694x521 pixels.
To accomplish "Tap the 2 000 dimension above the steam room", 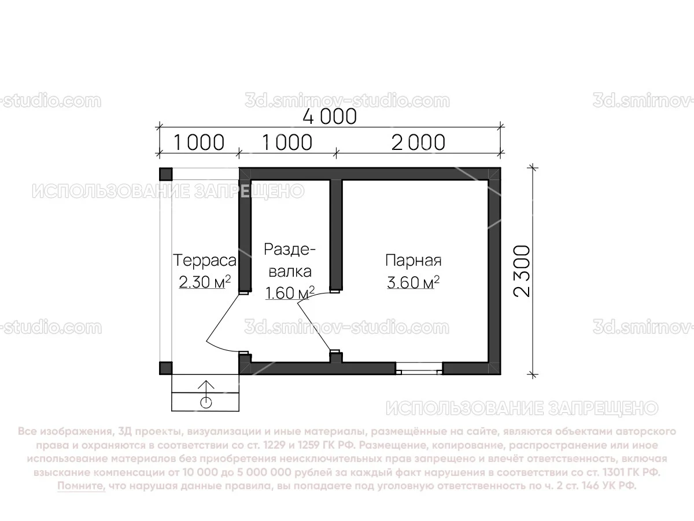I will coord(418,142).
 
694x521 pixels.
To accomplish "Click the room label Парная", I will coord(414,260).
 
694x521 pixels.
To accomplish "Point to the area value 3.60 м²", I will coord(414,283).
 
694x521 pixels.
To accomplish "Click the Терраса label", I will coord(205,260).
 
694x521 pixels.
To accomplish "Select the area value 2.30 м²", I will coord(205,282).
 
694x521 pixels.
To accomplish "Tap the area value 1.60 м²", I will coord(289,292).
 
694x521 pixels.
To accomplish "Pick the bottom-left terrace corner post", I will coord(165,368).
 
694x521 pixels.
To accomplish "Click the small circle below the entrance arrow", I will coord(206,402).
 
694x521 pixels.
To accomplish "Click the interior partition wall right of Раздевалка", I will coord(336,232).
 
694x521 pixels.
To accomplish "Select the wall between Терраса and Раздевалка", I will coord(245,232).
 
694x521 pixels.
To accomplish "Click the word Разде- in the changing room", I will coord(290,250).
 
